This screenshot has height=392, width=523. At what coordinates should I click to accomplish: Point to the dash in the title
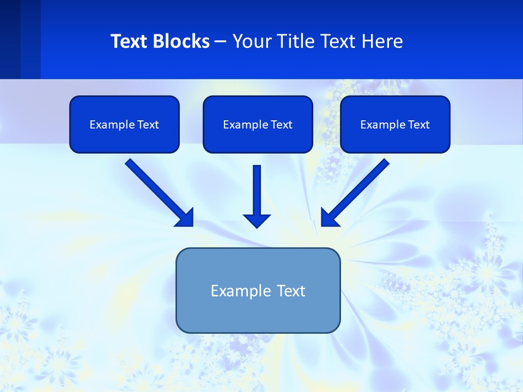click(x=221, y=42)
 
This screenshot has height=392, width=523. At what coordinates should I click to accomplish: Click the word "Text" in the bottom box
click(x=291, y=291)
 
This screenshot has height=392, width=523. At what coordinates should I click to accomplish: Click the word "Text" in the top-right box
click(x=418, y=125)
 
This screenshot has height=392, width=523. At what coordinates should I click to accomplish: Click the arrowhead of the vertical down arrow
click(x=257, y=220)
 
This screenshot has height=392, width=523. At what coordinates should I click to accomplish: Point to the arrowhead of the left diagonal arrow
click(x=185, y=218)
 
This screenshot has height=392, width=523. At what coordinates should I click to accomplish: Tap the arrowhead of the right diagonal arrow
click(x=329, y=218)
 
